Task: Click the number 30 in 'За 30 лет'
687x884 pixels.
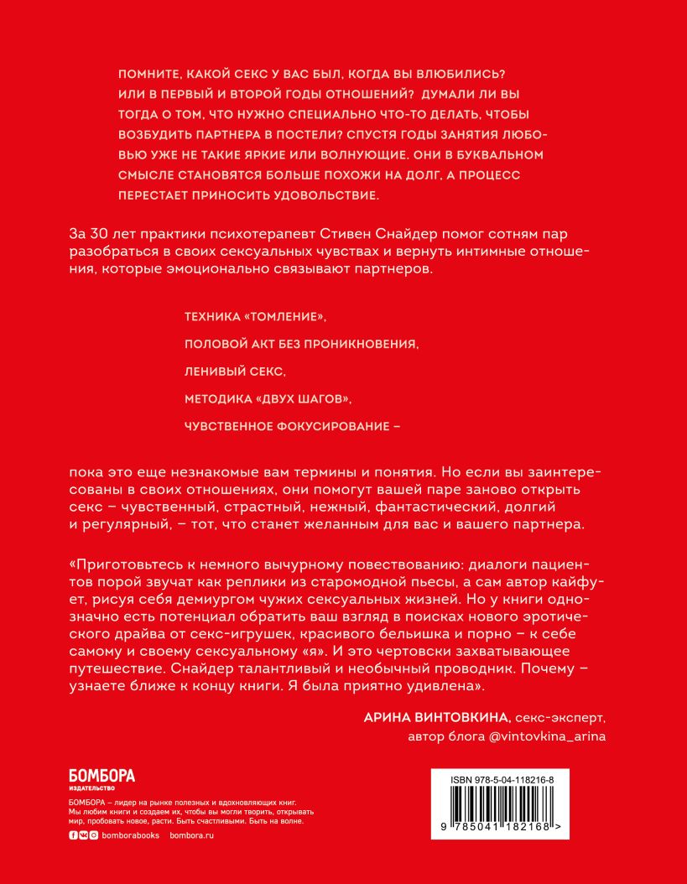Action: pyautogui.click(x=98, y=231)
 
